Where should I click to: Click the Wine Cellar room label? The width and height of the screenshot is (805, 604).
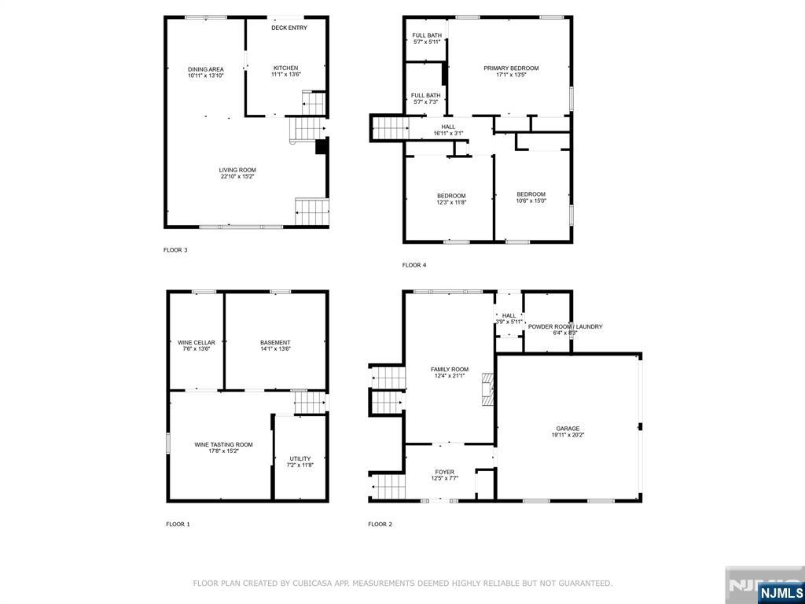[196, 343]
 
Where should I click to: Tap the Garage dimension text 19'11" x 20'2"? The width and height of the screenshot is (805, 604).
[568, 435]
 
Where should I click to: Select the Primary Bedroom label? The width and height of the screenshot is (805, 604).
[511, 68]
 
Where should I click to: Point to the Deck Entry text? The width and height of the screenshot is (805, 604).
[289, 28]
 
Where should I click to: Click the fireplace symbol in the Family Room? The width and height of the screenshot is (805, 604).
[487, 389]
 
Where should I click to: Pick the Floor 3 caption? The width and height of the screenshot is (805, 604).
[175, 251]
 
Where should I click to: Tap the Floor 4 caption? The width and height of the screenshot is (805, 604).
[414, 266]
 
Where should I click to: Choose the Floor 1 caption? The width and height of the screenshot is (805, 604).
[178, 525]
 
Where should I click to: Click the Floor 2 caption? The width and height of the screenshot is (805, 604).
[380, 525]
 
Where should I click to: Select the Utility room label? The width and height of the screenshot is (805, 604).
[300, 459]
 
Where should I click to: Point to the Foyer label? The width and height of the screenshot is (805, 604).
[445, 472]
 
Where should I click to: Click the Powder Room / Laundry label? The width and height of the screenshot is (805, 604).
[565, 326]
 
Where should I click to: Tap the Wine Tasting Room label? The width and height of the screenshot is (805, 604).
[223, 445]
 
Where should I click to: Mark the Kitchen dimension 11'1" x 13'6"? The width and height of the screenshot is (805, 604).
[285, 75]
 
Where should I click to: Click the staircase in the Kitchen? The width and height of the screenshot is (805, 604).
[313, 103]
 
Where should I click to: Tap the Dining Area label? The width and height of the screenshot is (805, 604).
[205, 69]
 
